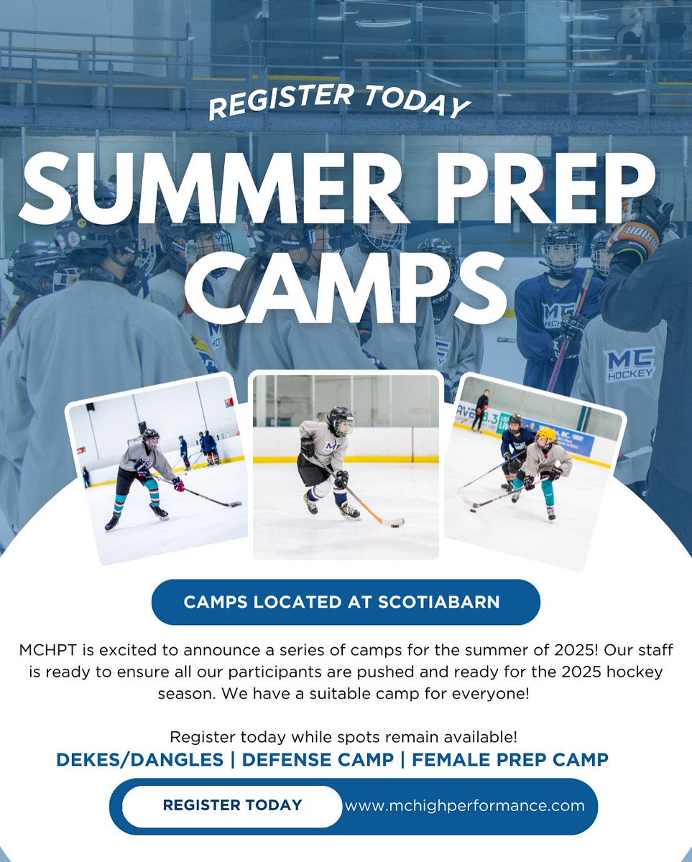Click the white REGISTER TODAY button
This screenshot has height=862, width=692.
231,805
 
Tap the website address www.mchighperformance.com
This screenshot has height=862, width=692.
464,805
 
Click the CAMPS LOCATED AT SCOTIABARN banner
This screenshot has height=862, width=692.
345,601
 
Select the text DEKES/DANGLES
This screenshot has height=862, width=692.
139,759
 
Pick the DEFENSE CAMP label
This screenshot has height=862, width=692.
318,759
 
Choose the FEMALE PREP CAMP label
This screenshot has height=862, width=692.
509,759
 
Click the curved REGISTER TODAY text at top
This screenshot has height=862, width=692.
338,99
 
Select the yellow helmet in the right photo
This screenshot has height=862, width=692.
547,435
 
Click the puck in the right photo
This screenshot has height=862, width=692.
471,509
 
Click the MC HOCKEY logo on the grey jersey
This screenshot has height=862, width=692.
629,363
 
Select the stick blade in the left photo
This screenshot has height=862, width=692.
231,504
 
